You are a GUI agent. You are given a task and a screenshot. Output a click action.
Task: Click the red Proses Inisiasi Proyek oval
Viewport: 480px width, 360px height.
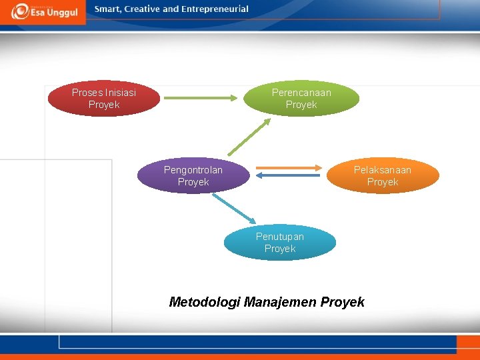coord(104,99)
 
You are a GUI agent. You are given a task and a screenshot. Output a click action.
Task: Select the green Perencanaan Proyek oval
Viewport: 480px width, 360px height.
coord(301,99)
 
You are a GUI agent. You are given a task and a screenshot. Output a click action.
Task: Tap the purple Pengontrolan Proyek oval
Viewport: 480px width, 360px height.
coord(193,176)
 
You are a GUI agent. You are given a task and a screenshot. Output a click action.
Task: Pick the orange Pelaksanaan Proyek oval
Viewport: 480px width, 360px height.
coord(383,176)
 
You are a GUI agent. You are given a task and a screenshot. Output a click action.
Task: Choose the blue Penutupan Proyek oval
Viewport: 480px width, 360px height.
coord(280,243)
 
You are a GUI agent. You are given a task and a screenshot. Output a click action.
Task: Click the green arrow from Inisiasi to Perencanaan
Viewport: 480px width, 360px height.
coord(200,98)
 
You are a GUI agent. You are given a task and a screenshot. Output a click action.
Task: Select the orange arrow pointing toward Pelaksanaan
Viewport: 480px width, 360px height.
coord(288,168)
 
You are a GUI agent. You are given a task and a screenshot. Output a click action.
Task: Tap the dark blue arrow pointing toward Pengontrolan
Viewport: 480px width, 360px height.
coord(288,176)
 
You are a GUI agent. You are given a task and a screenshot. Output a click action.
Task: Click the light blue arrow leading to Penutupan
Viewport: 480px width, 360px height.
coord(233,209)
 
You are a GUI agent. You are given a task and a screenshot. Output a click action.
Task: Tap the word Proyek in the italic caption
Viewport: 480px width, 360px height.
coord(343,303)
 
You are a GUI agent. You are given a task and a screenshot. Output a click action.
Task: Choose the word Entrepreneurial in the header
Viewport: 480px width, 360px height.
coord(215,9)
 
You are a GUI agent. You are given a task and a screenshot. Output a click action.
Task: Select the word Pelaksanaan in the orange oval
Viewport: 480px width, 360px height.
coord(383,170)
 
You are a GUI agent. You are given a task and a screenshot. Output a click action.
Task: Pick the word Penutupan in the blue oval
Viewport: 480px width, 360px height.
coord(280,237)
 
